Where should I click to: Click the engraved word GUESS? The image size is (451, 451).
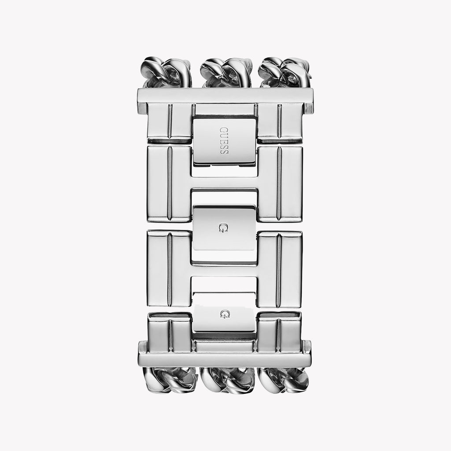tap(224, 140)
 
